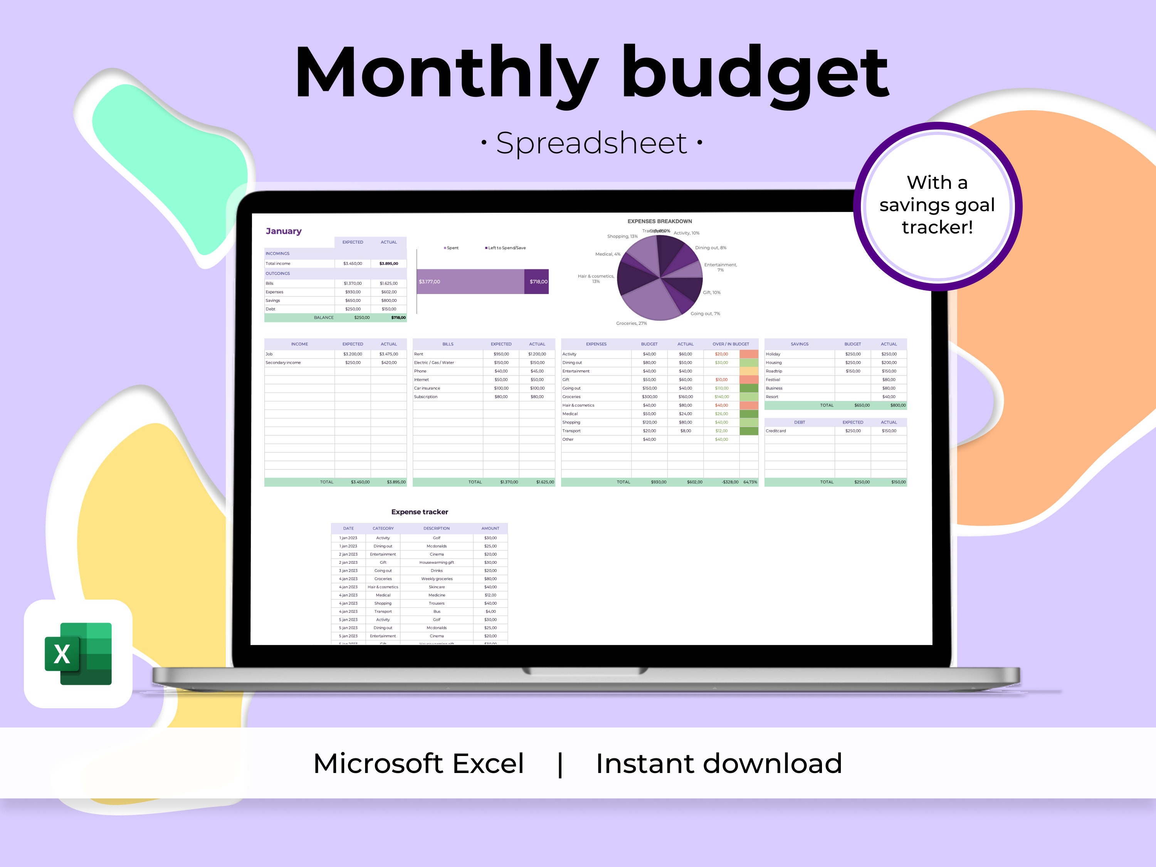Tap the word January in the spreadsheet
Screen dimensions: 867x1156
[x=283, y=231]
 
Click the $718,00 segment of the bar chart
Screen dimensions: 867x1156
[x=537, y=282]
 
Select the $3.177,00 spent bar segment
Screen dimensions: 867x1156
[x=470, y=282]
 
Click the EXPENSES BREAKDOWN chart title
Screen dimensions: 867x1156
[x=660, y=222]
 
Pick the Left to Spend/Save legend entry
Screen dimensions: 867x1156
[x=506, y=248]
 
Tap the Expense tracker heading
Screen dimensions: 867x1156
[x=420, y=512]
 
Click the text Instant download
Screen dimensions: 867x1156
[x=719, y=763]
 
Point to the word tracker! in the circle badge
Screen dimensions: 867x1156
[x=937, y=227]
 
